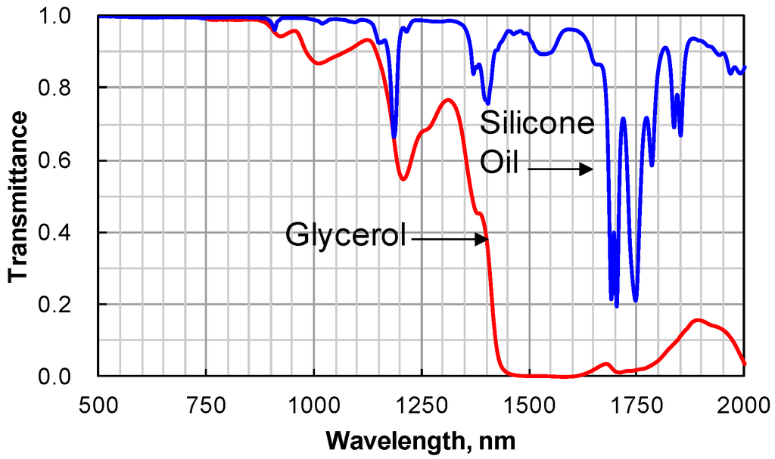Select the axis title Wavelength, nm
coord(422,439)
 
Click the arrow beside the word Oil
coord(560,170)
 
